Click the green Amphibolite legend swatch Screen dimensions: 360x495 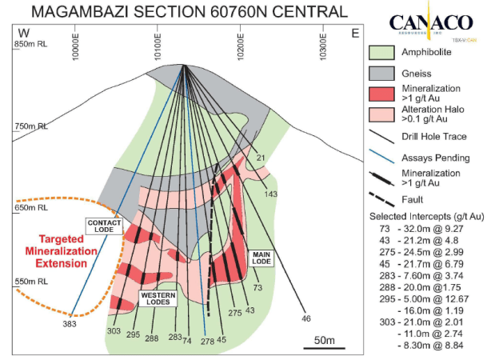tap(381, 53)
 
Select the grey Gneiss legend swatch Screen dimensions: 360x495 tap(381, 73)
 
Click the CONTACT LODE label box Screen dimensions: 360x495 tap(104, 226)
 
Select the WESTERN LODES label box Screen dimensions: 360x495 tap(158, 298)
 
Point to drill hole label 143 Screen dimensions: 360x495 tap(272, 194)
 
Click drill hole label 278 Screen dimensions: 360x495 tap(208, 341)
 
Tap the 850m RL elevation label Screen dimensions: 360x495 tap(31, 44)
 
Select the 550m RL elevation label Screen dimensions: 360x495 tap(31, 282)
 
